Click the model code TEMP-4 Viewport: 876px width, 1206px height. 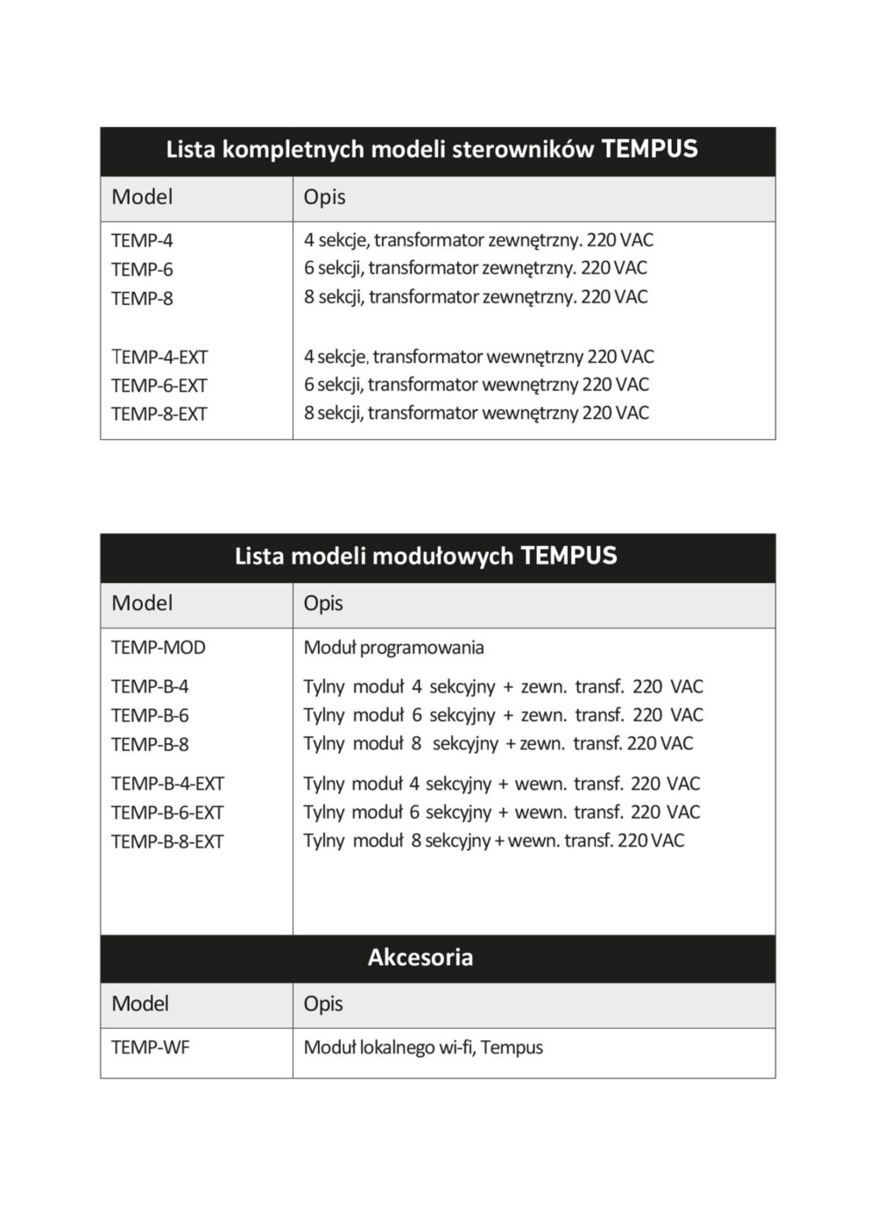(x=142, y=240)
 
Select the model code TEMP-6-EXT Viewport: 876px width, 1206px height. (x=159, y=386)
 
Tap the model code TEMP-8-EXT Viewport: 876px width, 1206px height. (x=159, y=414)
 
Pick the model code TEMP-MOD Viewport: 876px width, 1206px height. (x=159, y=648)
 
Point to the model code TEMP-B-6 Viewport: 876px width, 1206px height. (x=150, y=715)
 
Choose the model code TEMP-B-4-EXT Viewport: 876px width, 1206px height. (x=167, y=784)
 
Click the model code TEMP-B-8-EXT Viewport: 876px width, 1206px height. (x=167, y=841)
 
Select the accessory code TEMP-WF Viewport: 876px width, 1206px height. (x=150, y=1047)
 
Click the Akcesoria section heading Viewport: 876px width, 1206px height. (x=420, y=957)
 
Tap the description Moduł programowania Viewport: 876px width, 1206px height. (x=393, y=648)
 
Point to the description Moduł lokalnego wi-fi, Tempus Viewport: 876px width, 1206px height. (x=423, y=1047)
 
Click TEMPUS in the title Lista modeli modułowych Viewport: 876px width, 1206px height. (x=569, y=556)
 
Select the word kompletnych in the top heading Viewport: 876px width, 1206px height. (x=293, y=149)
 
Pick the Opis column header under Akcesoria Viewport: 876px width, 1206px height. (x=323, y=1004)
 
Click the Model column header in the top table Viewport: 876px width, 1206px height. (x=142, y=197)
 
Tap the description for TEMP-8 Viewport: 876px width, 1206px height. (x=476, y=297)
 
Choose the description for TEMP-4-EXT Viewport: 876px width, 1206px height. (x=478, y=357)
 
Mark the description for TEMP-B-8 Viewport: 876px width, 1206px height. (x=498, y=744)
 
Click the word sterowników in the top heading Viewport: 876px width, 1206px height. (x=523, y=149)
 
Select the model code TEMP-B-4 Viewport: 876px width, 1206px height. (x=150, y=687)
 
